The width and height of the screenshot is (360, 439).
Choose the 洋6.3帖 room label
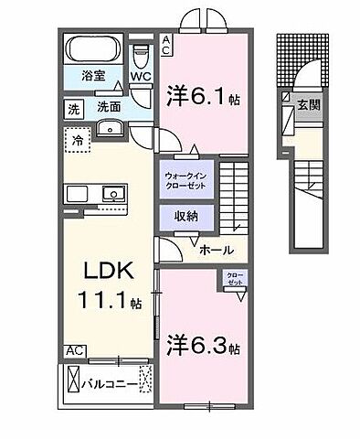(204, 348)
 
